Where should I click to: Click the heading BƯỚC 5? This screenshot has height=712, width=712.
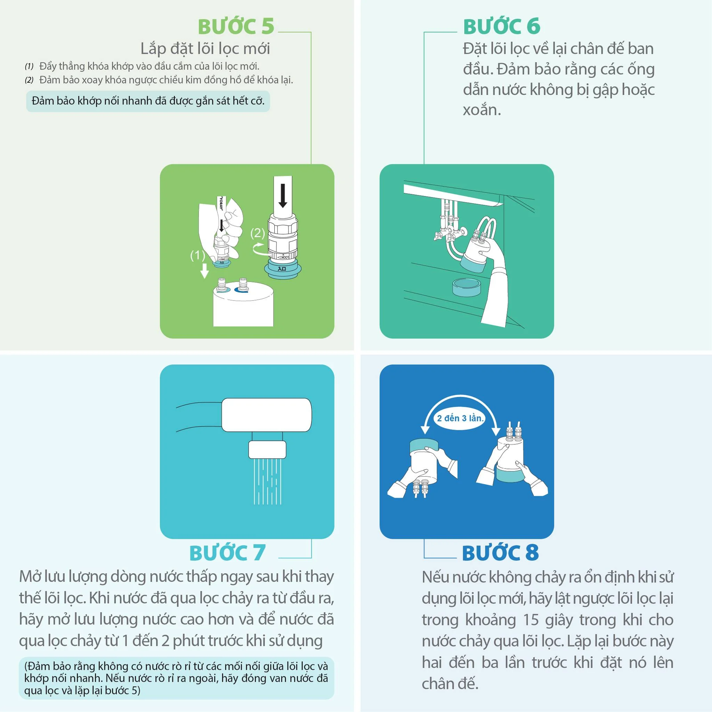pos(236,26)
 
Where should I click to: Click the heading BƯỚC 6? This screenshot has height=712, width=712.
pos(502,26)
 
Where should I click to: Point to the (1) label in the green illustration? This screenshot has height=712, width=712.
pos(197,255)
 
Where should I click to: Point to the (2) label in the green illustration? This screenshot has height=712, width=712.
pos(258,233)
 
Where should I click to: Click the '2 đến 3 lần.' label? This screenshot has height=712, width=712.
pos(460,418)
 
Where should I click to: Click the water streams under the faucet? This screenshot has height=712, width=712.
pos(268,481)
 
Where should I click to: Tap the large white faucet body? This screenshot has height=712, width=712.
pos(266,415)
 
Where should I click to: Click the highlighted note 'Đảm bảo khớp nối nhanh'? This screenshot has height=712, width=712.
pos(148,101)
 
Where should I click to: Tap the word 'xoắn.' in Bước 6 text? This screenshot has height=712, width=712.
pos(482,110)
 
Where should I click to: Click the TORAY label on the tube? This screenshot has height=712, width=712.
pos(220,204)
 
